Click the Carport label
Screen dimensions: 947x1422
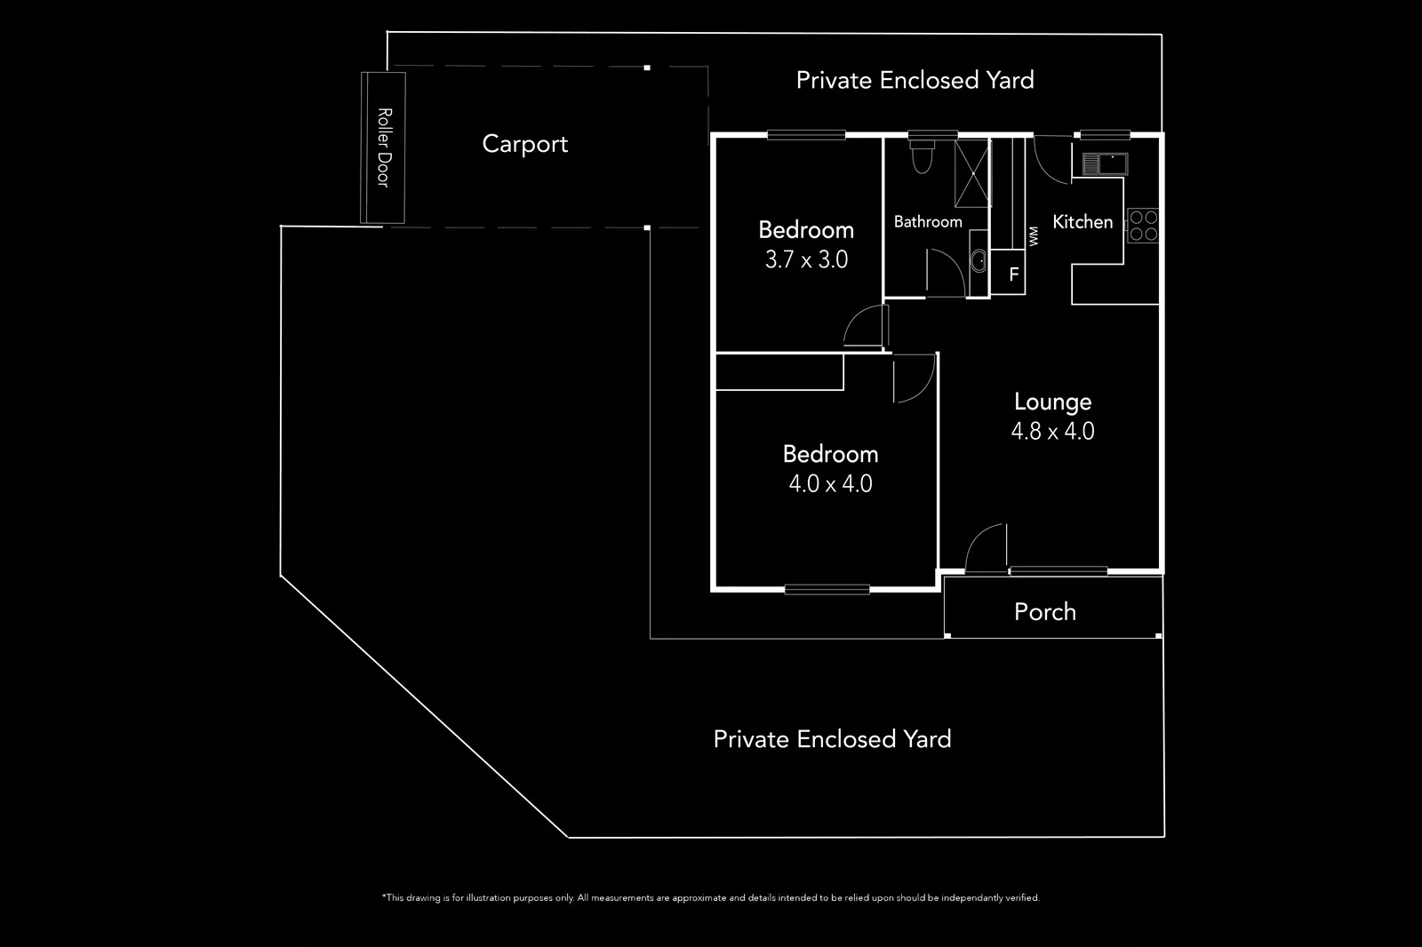click(524, 144)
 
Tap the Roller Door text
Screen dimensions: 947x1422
click(384, 147)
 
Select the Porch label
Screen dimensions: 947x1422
click(1045, 611)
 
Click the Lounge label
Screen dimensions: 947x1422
click(1052, 402)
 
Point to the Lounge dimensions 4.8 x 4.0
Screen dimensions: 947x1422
click(1052, 432)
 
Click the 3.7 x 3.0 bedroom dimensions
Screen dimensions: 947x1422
click(806, 259)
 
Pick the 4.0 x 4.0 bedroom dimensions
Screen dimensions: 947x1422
click(830, 484)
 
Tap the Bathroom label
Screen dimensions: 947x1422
click(928, 222)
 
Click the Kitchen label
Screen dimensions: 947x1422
click(1082, 222)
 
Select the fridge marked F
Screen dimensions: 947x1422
click(1013, 275)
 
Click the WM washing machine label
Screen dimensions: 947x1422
click(1033, 236)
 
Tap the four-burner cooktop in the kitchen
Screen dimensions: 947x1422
click(1143, 226)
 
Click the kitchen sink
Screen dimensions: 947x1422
click(1106, 163)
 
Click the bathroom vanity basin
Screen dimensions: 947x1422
click(978, 261)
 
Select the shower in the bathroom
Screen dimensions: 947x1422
click(971, 172)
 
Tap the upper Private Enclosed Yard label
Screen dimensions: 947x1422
click(915, 81)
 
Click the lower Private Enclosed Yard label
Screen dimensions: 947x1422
click(832, 739)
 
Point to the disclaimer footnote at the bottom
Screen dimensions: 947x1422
click(710, 898)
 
